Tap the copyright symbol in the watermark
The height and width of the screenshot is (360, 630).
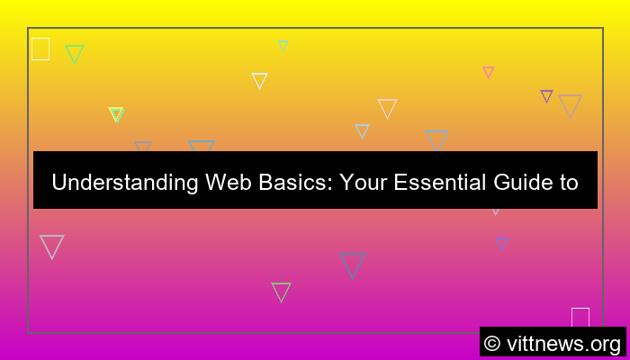pyautogui.click(x=492, y=344)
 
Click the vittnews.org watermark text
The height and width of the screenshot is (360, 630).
pyautogui.click(x=562, y=344)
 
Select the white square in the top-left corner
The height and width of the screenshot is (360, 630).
pyautogui.click(x=40, y=49)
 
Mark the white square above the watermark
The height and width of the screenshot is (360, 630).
pyautogui.click(x=580, y=318)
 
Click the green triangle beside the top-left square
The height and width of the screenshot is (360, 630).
pyautogui.click(x=74, y=53)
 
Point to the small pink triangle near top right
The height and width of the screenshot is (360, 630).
pyautogui.click(x=488, y=71)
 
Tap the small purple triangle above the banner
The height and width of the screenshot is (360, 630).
pyautogui.click(x=546, y=95)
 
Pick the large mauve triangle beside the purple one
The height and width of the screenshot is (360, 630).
pyautogui.click(x=570, y=104)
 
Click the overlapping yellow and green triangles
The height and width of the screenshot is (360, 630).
pyautogui.click(x=116, y=113)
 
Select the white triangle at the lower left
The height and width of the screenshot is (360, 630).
pyautogui.click(x=52, y=245)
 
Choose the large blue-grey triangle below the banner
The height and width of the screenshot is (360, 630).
pyautogui.click(x=352, y=264)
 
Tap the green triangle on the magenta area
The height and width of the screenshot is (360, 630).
pyautogui.click(x=281, y=291)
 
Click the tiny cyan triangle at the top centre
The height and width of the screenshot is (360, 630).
pyautogui.click(x=283, y=45)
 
